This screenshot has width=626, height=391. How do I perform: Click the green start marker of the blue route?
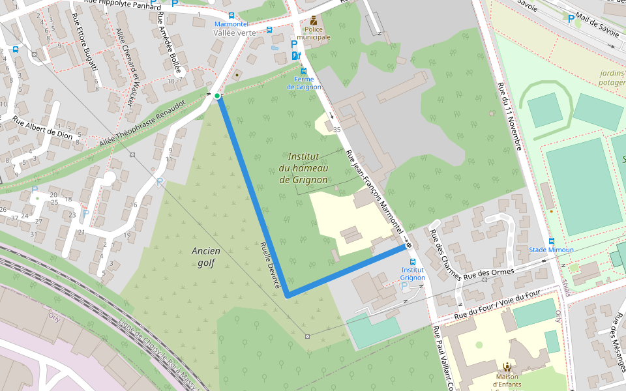coord(217,96)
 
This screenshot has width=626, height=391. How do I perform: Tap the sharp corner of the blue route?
coord(288,295)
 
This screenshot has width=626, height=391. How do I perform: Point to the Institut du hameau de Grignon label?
coord(303,167)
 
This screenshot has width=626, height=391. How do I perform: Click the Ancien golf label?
coord(206,257)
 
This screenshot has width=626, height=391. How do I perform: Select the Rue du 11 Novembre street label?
coord(509,116)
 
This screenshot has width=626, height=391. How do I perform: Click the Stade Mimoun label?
coord(551,250)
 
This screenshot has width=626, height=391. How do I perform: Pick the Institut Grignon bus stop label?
coord(413,273)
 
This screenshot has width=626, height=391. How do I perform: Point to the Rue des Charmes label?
coord(445,255)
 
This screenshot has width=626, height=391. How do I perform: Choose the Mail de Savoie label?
coord(595,31)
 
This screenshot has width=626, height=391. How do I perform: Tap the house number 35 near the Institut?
coord(337,130)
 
